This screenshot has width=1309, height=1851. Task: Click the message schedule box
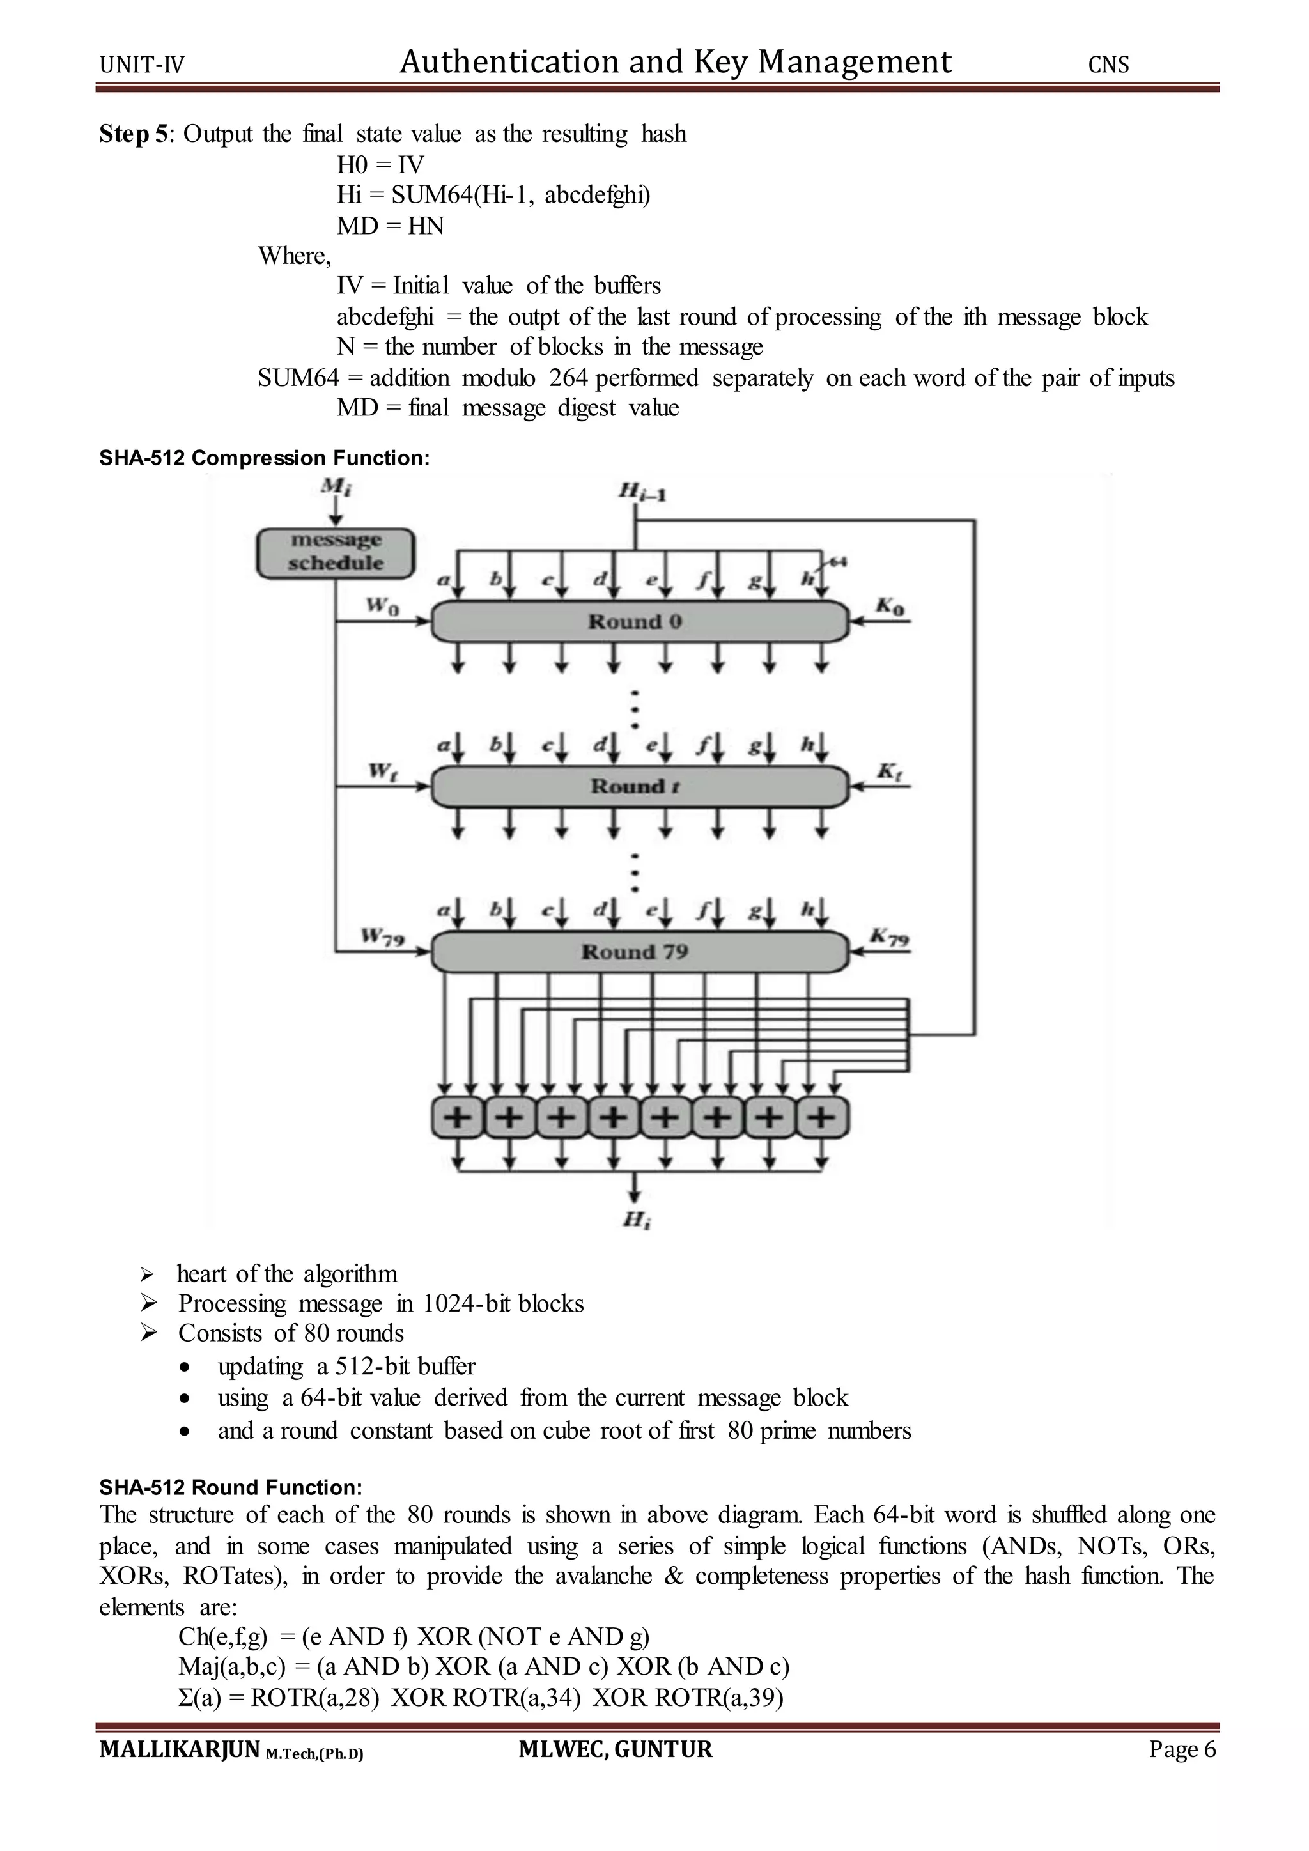click(x=336, y=552)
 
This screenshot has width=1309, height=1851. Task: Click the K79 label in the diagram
click(x=889, y=937)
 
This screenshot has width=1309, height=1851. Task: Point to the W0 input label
click(x=382, y=605)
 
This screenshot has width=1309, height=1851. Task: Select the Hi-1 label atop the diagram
click(x=642, y=490)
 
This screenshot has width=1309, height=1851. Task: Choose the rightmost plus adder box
click(x=821, y=1117)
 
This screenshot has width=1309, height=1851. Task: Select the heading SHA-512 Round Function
click(x=231, y=1487)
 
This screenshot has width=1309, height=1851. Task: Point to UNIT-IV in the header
click(x=142, y=65)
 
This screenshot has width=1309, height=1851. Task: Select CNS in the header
click(x=1108, y=65)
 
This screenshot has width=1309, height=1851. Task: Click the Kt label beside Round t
click(x=889, y=771)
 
